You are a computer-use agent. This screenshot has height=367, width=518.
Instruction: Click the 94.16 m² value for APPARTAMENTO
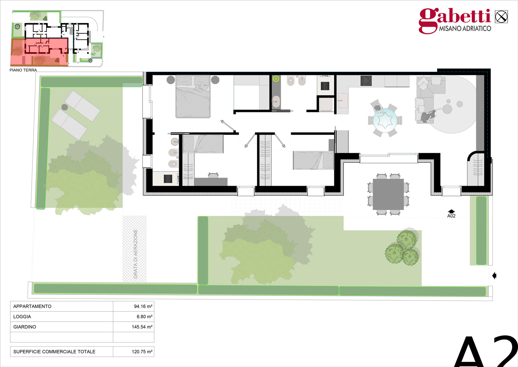(x=143, y=306)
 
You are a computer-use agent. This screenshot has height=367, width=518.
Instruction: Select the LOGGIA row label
(x=22, y=317)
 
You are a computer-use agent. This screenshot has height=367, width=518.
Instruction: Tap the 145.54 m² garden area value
(x=142, y=327)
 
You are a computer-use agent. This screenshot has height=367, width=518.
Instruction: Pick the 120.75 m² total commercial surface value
(x=142, y=352)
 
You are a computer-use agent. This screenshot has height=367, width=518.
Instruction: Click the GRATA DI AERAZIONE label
(x=135, y=254)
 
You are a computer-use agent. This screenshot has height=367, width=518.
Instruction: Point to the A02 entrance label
(x=451, y=216)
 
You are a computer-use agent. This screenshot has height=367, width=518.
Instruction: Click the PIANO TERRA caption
(x=23, y=70)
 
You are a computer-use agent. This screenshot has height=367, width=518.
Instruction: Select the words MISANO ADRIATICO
(x=465, y=29)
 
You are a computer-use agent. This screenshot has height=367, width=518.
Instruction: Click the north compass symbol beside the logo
(x=501, y=17)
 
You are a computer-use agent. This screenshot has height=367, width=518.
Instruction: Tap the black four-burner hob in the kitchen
(x=366, y=81)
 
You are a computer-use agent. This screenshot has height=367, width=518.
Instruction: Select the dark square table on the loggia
(x=388, y=194)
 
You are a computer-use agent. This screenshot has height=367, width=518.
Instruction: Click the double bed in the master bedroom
(x=193, y=96)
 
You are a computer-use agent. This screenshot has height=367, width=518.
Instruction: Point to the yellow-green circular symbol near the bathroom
(x=276, y=79)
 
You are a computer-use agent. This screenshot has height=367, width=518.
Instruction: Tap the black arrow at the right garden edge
(x=494, y=276)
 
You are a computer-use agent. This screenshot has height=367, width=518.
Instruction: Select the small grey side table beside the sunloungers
(x=65, y=107)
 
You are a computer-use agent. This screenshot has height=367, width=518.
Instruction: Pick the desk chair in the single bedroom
(x=213, y=175)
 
